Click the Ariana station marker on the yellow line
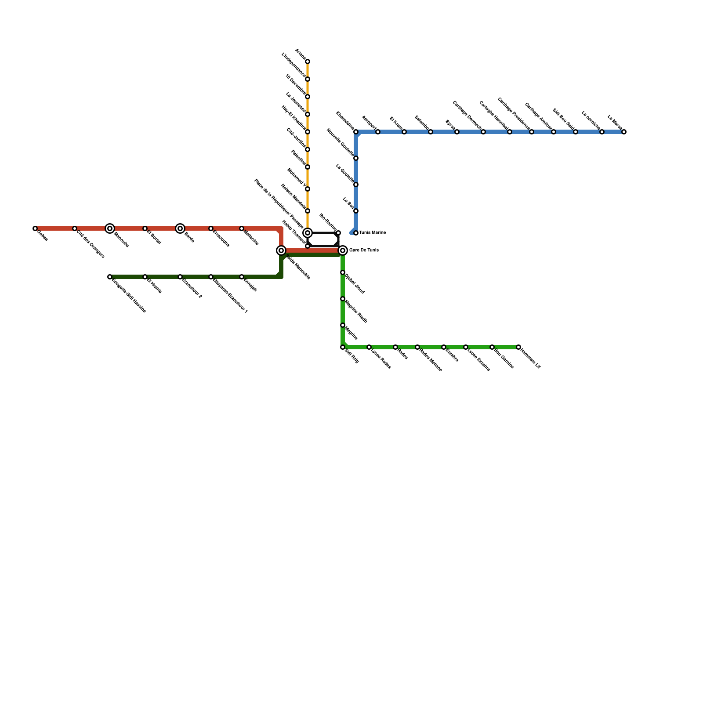[x=308, y=62]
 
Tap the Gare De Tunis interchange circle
[x=343, y=250]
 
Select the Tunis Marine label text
[x=372, y=233]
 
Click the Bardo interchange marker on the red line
[x=180, y=228]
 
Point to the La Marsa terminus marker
[x=624, y=132]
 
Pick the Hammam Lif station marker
[x=518, y=347]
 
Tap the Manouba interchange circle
[x=110, y=228]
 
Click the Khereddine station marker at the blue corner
[x=356, y=132]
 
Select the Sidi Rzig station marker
[x=343, y=347]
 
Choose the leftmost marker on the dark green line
[x=110, y=277]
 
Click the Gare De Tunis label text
[x=364, y=250]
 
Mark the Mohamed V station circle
[x=308, y=189]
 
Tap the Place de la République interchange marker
[x=308, y=233]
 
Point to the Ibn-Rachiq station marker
[x=338, y=233]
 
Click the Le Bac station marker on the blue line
[x=356, y=211]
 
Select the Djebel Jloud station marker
[x=343, y=272]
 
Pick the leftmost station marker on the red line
[x=35, y=228]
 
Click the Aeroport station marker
[x=378, y=132]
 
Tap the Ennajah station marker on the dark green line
[x=242, y=277]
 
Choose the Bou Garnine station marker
[x=492, y=347]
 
